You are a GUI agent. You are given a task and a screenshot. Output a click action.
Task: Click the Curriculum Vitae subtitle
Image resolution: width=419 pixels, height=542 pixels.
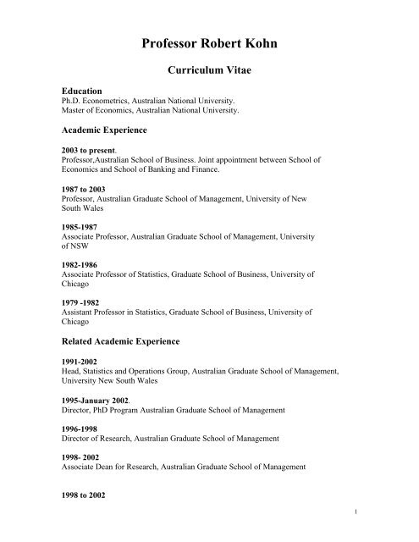point(209,74)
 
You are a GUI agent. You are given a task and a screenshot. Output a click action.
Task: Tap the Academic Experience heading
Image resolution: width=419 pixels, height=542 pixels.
point(108,130)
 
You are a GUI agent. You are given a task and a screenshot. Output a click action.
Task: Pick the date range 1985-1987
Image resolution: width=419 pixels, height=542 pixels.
point(80,228)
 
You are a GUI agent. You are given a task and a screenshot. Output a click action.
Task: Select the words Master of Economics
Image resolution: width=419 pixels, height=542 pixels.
point(101,110)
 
